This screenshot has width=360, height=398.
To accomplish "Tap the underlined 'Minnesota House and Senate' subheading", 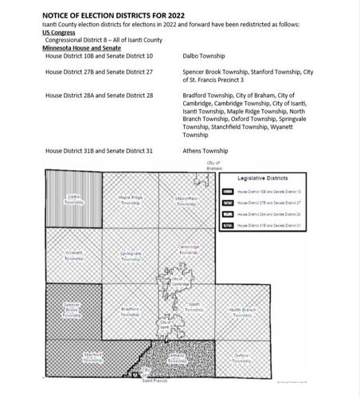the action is point(81,48).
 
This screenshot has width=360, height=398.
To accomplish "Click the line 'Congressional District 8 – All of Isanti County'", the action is point(103,40).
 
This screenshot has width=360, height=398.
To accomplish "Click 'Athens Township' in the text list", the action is point(205,150).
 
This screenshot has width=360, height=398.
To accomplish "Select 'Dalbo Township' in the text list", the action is point(203,57).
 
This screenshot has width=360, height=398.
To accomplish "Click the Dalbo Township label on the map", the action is point(73,199).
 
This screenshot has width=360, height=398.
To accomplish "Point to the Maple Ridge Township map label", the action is point(130,200).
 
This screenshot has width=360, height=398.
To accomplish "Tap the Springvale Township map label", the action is point(131,256).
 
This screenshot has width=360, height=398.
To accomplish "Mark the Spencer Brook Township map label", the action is point(72,309).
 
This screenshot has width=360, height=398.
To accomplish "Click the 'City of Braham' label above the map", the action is point(214,166).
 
